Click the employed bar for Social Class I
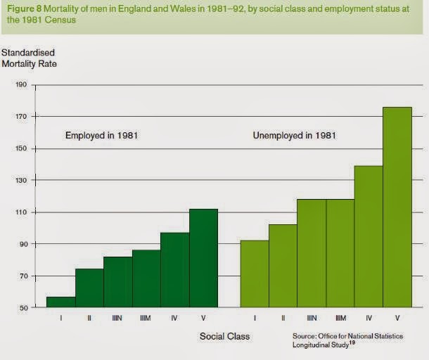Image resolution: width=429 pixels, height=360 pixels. [61, 302]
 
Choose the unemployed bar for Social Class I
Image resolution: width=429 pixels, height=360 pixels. [255, 274]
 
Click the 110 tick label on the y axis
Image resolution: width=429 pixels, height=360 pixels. [21, 212]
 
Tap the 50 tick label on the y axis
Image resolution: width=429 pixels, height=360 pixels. [23, 308]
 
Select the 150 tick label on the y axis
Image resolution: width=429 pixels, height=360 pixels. [21, 148]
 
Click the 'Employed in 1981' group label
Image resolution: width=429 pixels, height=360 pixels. [101, 135]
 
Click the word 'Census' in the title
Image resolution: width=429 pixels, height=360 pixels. [65, 20]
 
